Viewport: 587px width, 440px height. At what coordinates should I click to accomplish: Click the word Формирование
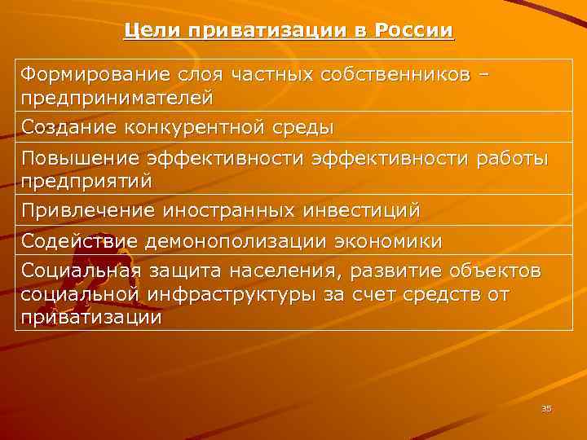click(90, 75)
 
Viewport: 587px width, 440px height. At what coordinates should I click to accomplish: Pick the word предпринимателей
click(117, 98)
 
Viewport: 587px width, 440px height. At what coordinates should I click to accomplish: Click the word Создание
click(70, 128)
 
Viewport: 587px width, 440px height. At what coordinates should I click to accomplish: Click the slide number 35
click(546, 408)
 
